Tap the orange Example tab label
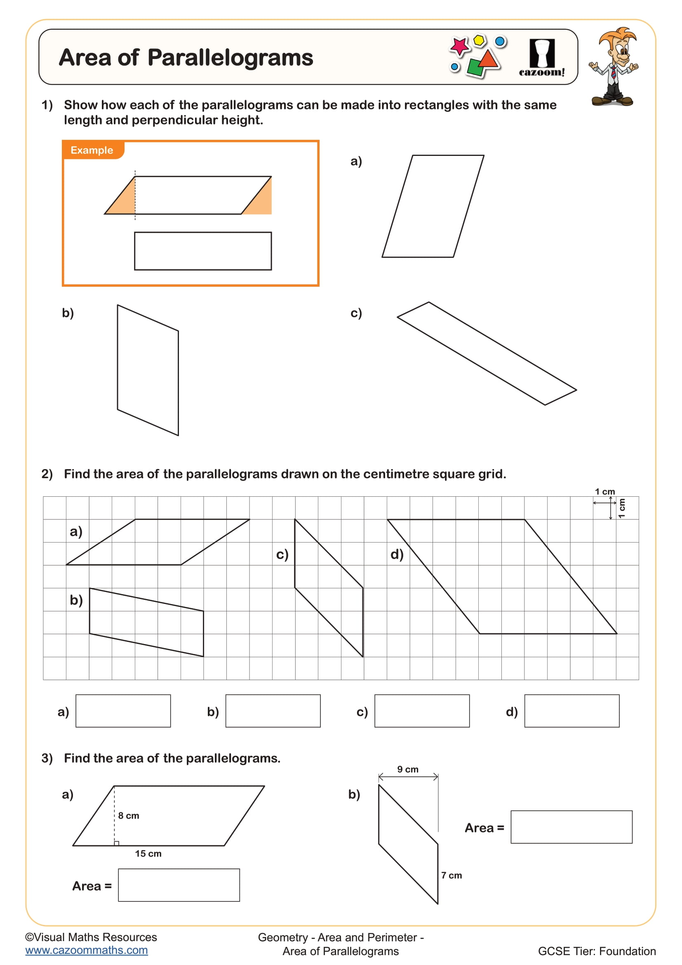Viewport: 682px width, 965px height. (92, 150)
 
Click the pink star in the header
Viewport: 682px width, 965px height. (459, 45)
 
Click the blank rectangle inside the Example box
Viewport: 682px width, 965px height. (203, 251)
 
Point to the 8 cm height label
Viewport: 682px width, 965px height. (129, 815)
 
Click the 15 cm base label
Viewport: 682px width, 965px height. (148, 853)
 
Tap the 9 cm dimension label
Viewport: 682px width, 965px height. (408, 769)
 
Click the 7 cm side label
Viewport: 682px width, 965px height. (452, 875)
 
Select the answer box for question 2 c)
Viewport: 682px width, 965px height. (422, 711)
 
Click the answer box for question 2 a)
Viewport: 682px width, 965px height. (123, 711)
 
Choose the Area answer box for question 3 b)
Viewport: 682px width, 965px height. (571, 827)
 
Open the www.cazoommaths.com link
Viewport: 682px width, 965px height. (87, 950)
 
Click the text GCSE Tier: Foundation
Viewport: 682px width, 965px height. (596, 951)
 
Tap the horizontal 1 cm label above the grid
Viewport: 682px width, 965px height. (605, 491)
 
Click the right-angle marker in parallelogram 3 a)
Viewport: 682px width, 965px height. (117, 843)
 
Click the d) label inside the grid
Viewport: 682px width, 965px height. (397, 554)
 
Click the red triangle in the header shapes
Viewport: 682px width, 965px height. (488, 59)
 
